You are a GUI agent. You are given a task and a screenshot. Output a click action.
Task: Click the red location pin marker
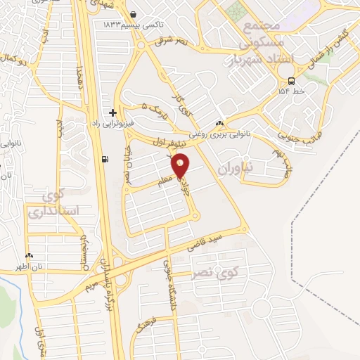(181, 165)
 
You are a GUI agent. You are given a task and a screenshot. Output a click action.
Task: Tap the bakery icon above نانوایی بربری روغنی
(221, 122)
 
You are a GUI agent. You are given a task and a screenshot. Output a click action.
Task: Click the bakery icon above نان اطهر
(30, 257)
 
